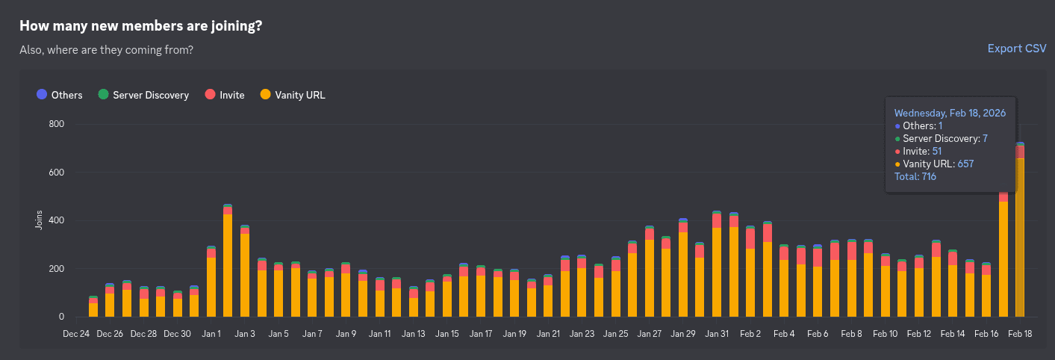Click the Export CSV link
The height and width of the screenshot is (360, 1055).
tap(1016, 49)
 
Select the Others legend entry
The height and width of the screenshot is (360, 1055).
tap(60, 95)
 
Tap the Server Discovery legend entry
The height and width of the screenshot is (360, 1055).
tap(143, 95)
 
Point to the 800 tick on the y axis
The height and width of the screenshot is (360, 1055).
tap(56, 124)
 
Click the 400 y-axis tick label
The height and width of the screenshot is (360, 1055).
tap(56, 220)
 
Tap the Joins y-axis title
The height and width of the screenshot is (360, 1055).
tap(39, 220)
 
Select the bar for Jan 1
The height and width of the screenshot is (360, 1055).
tap(211, 284)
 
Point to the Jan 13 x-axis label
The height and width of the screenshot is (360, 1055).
tap(413, 335)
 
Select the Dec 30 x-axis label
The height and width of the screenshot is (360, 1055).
tap(177, 335)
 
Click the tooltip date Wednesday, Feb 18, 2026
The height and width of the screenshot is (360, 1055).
tap(950, 114)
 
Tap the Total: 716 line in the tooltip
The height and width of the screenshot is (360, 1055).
tap(915, 177)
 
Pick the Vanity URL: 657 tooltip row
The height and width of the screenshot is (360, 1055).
tap(938, 164)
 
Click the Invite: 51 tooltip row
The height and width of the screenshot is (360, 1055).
tap(922, 152)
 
